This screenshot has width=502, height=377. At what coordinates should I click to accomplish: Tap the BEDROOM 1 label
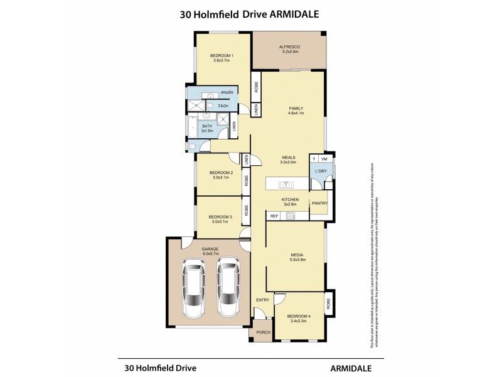pyautogui.click(x=223, y=56)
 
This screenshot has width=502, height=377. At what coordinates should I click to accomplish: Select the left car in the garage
pyautogui.click(x=194, y=290)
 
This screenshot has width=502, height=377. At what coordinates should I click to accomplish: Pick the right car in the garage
pyautogui.click(x=229, y=290)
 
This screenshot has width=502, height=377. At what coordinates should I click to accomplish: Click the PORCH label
pyautogui.click(x=262, y=332)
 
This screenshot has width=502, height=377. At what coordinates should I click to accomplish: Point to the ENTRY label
pyautogui.click(x=262, y=300)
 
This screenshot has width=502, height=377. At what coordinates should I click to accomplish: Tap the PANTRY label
pyautogui.click(x=319, y=203)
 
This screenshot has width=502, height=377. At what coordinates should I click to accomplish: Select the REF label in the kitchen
pyautogui.click(x=274, y=216)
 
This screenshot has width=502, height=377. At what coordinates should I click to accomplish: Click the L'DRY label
pyautogui.click(x=322, y=172)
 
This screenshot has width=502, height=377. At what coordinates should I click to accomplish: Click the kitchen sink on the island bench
pyautogui.click(x=286, y=183)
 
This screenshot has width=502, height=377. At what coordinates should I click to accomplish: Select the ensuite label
pyautogui.click(x=227, y=92)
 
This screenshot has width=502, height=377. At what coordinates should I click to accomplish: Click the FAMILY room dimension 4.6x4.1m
pyautogui.click(x=296, y=114)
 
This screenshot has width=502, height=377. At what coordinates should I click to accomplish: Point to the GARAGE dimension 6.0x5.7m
pyautogui.click(x=210, y=254)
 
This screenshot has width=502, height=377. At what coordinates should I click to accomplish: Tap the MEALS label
pyautogui.click(x=288, y=157)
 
